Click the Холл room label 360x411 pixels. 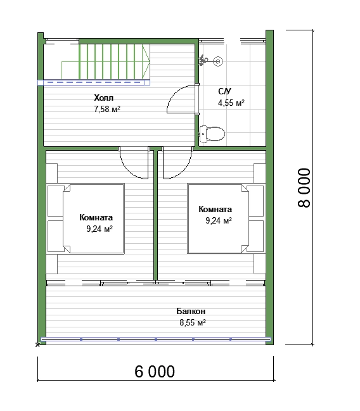pos(104,98)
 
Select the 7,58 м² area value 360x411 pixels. pos(107,109)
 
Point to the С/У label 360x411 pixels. pos(224,91)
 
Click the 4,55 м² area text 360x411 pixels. pos(231,103)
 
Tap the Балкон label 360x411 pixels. pos(191,311)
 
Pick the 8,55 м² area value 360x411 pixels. pos(193,322)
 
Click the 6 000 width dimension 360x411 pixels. pos(155,372)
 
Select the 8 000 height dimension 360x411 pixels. pos(304,187)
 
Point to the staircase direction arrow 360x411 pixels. pos(146,62)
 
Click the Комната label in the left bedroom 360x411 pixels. pos(96,218)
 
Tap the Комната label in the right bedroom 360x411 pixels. pos(215,209)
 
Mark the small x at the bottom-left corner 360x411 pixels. pos(38,345)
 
